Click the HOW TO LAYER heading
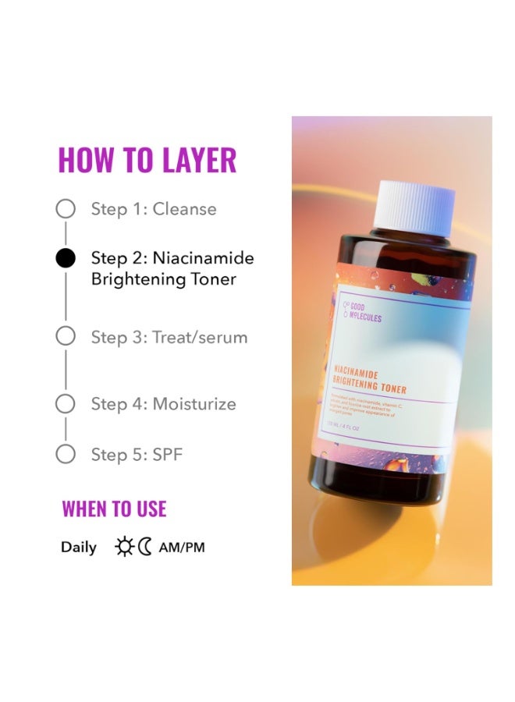tap(147, 160)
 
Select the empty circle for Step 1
tap(66, 209)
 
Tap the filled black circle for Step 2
tap(66, 258)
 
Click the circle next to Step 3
tap(66, 337)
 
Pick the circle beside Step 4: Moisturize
tap(66, 404)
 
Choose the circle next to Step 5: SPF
tap(66, 454)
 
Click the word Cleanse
tap(185, 209)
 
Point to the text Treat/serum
tap(200, 337)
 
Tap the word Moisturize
tap(194, 404)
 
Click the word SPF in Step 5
tap(168, 454)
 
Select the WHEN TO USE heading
tap(114, 509)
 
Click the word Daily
tap(79, 548)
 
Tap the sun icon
tap(124, 547)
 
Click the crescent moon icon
tap(145, 547)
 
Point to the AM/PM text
tap(182, 548)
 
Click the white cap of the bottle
tap(413, 207)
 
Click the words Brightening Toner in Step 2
tap(164, 279)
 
